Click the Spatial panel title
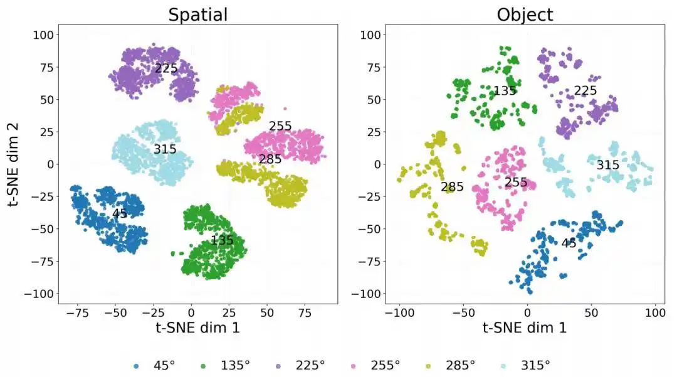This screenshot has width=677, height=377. (197, 14)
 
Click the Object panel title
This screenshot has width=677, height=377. (525, 14)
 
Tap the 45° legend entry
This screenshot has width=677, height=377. (155, 365)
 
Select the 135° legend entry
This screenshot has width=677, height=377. (226, 365)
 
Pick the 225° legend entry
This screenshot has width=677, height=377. (300, 365)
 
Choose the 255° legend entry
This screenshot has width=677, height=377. (375, 365)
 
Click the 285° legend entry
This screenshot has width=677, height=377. (450, 365)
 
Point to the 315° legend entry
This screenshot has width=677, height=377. (525, 365)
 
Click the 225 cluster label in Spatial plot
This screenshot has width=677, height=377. (166, 68)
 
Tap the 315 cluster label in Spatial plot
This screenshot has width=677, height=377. (165, 149)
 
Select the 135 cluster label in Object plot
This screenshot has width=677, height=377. (504, 91)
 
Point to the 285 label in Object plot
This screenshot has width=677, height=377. (452, 186)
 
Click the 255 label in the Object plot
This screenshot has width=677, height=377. (516, 183)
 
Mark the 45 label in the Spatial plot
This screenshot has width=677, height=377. (120, 213)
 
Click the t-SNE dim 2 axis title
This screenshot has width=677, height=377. (13, 164)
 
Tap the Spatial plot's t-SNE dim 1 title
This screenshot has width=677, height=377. (197, 328)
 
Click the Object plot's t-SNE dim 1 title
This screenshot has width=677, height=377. (525, 328)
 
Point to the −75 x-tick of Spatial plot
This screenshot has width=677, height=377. (77, 312)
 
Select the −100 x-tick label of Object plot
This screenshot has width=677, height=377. (399, 312)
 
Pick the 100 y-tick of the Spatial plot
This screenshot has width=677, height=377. (43, 35)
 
